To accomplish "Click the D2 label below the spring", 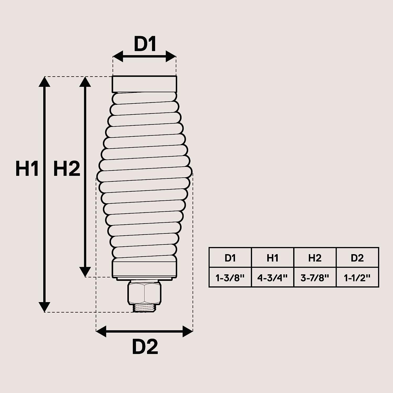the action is click(x=145, y=347).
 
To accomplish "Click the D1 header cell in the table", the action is click(x=230, y=258).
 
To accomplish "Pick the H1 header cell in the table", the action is click(x=272, y=258).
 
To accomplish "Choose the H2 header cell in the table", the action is click(x=315, y=258).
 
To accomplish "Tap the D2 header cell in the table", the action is click(x=357, y=258).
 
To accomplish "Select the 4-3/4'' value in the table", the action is click(x=272, y=277).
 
